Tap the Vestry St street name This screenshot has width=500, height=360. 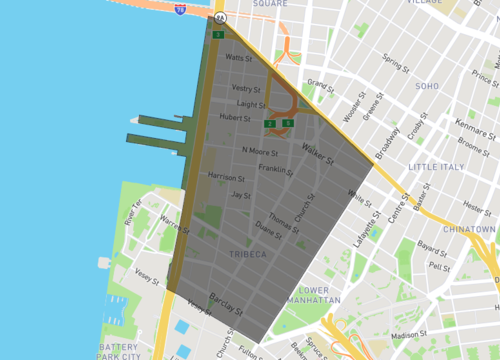tap(245, 88)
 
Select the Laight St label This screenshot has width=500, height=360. tap(250, 103)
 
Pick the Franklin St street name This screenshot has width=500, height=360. tap(274, 169)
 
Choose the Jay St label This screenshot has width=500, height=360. tap(240, 195)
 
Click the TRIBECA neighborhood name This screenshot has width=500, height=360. tap(247, 255)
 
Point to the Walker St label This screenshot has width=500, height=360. tap(318, 152)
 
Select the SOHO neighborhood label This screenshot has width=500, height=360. tap(427, 86)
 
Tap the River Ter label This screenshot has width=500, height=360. tap(133, 212)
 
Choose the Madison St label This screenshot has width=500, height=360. tap(409, 335)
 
